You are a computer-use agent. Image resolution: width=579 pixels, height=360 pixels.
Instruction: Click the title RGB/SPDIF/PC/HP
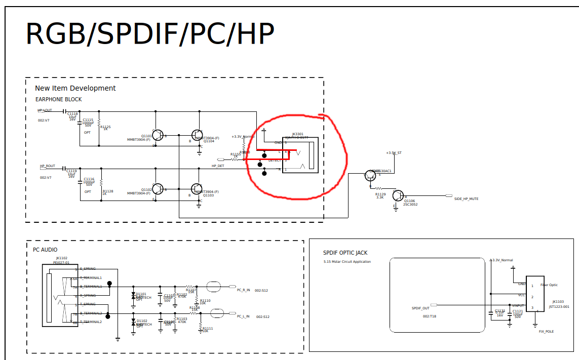(x=150, y=34)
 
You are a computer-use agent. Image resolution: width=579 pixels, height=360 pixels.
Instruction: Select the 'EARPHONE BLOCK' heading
(x=58, y=99)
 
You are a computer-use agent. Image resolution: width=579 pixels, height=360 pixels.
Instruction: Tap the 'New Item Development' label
(x=75, y=88)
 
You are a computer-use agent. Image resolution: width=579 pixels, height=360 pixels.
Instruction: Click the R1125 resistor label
(x=105, y=127)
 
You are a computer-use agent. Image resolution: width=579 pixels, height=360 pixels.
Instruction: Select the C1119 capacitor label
(x=71, y=171)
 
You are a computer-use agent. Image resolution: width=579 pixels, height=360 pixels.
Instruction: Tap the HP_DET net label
(x=218, y=166)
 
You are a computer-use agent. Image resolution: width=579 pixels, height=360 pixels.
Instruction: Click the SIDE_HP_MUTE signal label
(x=466, y=199)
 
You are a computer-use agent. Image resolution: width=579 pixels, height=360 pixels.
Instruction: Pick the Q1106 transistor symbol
(x=399, y=196)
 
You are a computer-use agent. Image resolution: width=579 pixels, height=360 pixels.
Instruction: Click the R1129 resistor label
(x=380, y=194)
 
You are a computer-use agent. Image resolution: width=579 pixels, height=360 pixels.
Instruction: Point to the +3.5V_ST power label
(x=394, y=152)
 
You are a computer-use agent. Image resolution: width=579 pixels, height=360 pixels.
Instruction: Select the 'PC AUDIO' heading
(x=45, y=250)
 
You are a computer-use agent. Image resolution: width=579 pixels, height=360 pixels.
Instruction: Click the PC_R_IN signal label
(x=243, y=290)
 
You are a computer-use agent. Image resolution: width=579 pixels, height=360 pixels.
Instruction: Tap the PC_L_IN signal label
(x=243, y=316)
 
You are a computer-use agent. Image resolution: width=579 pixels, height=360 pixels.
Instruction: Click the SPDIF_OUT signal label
(x=420, y=308)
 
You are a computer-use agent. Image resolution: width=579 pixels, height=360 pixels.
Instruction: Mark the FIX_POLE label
(x=547, y=332)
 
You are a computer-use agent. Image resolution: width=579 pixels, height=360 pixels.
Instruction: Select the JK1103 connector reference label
(x=558, y=302)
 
